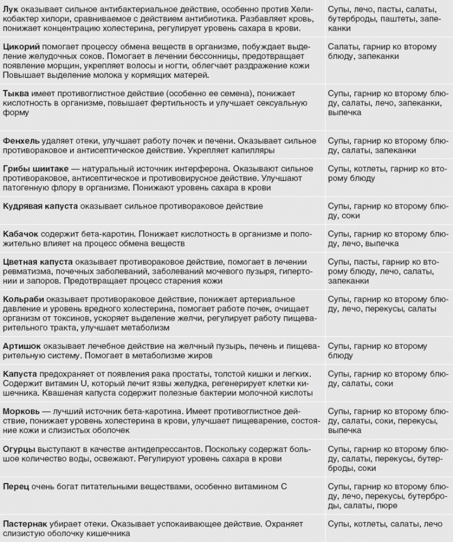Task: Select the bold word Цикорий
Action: pos(21,46)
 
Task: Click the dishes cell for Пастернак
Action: pos(385,524)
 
